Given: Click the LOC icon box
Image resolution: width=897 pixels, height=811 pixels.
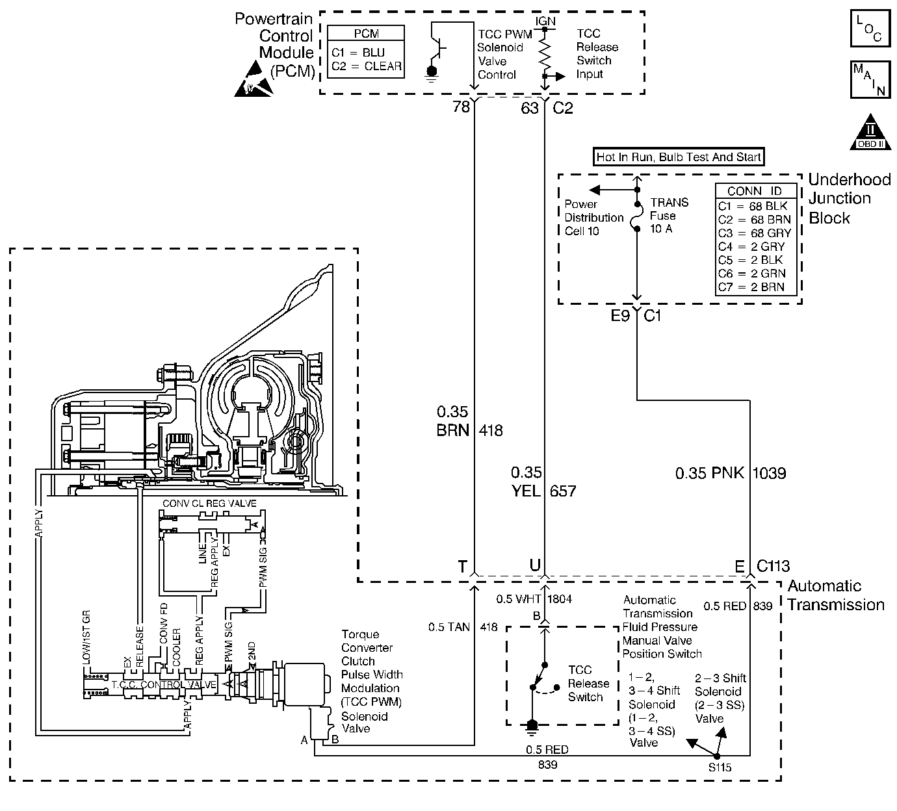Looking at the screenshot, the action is (x=870, y=29).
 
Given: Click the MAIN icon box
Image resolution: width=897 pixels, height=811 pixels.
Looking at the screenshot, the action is (x=870, y=79).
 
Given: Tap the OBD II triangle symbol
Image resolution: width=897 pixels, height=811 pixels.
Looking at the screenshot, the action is (x=870, y=133).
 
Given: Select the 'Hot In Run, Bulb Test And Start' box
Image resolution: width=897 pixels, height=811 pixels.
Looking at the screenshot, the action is (x=679, y=157).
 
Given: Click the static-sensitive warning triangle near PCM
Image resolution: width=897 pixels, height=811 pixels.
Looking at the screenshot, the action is (x=253, y=80).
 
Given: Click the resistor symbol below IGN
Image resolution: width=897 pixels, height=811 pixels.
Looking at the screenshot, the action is (x=545, y=52).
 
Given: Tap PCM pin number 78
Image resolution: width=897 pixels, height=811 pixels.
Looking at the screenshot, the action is (x=461, y=107).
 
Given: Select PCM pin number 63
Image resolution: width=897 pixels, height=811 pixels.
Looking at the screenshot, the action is (x=530, y=108).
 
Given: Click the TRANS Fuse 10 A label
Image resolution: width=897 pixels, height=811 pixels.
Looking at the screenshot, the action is (x=669, y=216).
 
